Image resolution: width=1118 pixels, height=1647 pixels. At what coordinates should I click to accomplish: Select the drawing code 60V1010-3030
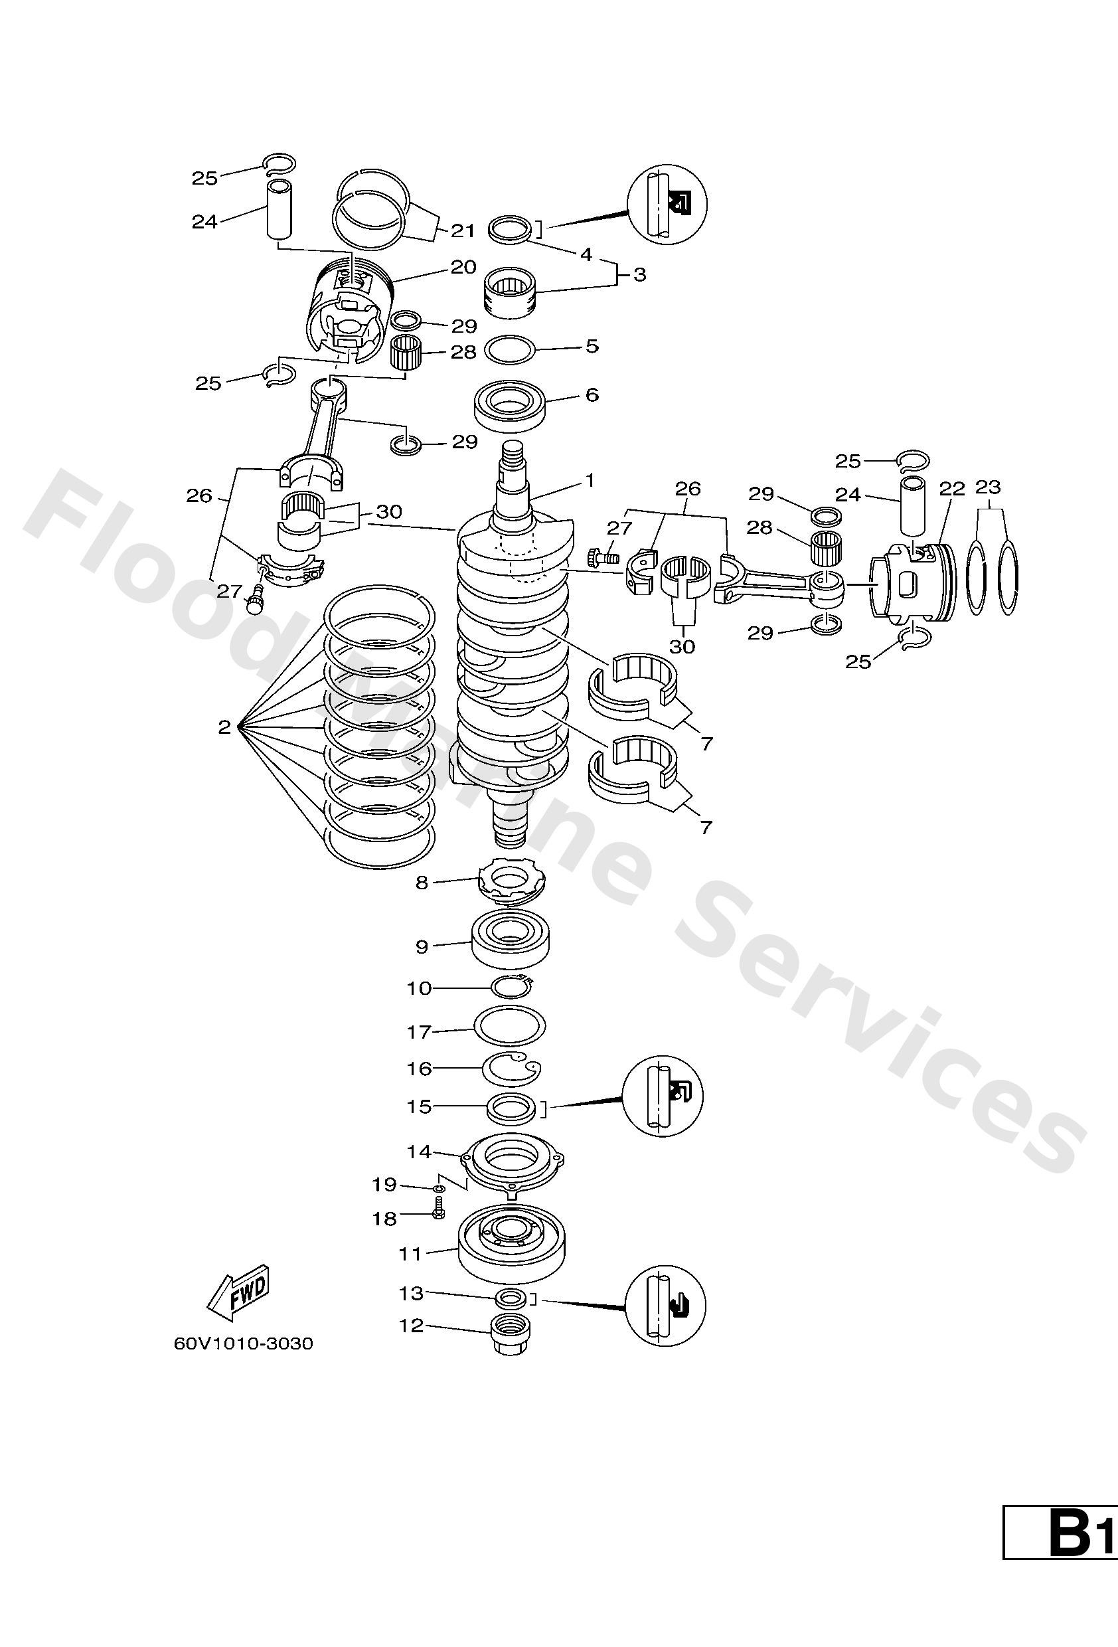click(243, 1344)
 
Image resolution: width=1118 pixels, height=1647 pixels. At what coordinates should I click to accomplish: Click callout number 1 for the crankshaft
click(590, 481)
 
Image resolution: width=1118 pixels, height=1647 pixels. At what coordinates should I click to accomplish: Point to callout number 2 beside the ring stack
click(224, 727)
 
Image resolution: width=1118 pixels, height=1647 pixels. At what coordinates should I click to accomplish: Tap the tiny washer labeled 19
click(439, 1187)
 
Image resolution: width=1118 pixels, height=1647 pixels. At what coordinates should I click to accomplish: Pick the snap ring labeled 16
click(510, 1069)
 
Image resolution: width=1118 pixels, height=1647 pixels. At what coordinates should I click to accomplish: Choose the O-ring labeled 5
click(509, 350)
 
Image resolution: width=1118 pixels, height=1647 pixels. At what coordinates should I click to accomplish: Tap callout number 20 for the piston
click(463, 267)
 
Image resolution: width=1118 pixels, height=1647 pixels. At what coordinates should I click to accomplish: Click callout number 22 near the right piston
click(952, 489)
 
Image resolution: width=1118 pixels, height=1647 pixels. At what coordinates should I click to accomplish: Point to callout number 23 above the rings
click(988, 487)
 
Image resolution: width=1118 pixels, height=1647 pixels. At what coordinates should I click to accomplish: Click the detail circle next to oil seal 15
click(663, 1096)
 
